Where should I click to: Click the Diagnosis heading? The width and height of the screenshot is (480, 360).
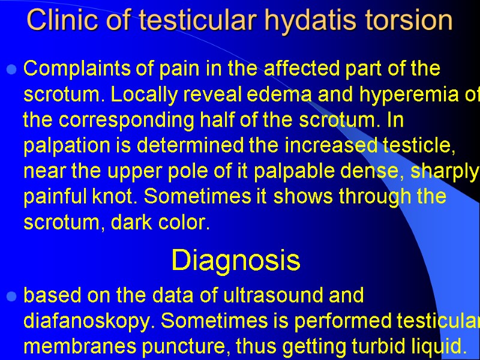235,260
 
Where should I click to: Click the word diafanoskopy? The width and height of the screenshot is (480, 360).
85,321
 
